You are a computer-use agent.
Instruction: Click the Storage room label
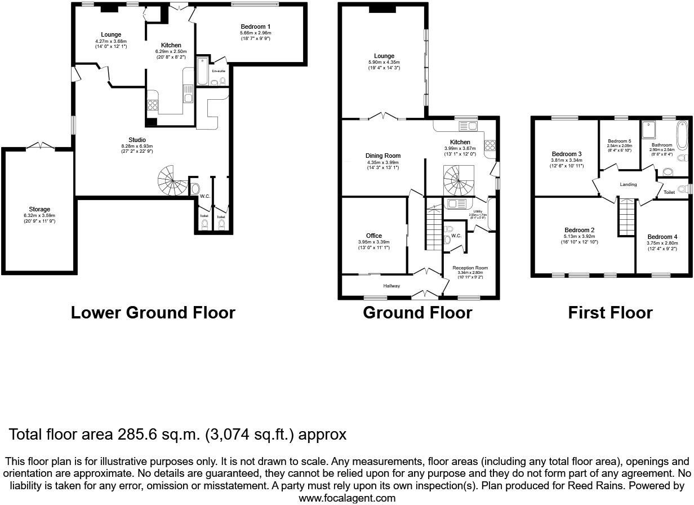pyautogui.click(x=39, y=209)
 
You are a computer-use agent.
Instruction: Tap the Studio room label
pyautogui.click(x=137, y=140)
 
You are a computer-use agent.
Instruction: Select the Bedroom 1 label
pyautogui.click(x=255, y=26)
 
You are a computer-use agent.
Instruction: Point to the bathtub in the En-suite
pyautogui.click(x=202, y=71)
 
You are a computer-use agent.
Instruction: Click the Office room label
pyautogui.click(x=373, y=236)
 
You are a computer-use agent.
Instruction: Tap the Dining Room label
pyautogui.click(x=382, y=156)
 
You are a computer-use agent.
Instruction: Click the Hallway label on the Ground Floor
pyautogui.click(x=392, y=286)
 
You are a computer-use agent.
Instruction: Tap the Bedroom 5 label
pyautogui.click(x=619, y=141)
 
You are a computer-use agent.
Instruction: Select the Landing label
pyautogui.click(x=628, y=184)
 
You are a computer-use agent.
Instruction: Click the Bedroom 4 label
pyautogui.click(x=662, y=237)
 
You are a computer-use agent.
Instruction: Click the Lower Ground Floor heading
pyautogui.click(x=153, y=312)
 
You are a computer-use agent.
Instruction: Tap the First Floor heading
pyautogui.click(x=610, y=312)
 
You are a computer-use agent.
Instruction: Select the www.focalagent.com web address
pyautogui.click(x=346, y=498)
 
